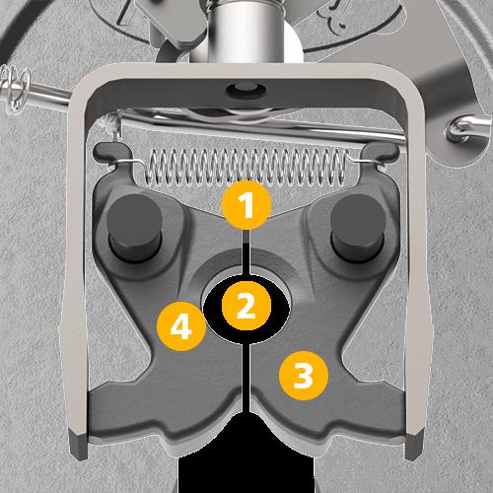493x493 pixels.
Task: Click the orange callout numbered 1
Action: pos(246,204)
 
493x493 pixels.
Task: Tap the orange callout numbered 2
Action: pos(246,306)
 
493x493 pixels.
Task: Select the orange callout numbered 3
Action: pos(304,376)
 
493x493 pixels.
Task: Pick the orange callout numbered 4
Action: pos(181,326)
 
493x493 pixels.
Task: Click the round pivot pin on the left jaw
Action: pos(135,228)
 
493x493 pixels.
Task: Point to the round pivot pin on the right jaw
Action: pos(358,228)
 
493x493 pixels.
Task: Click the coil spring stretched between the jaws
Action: pos(246,168)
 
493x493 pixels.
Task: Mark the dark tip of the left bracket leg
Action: pos(79,446)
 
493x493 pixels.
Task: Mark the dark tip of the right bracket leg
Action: pos(414,446)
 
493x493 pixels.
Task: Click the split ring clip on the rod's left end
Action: pos(16,87)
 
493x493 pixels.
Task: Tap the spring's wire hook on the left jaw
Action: pos(129,161)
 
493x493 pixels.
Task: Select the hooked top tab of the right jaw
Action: pos(382,152)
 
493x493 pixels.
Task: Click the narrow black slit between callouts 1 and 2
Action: pos(246,252)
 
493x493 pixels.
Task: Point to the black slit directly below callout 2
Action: pos(246,378)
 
